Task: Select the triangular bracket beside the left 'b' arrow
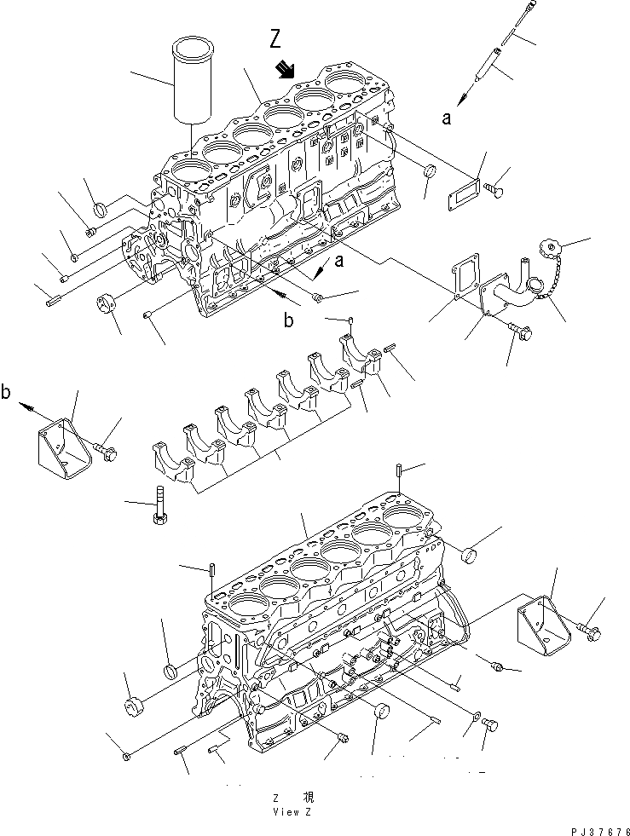(64, 441)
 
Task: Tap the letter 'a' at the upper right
(447, 118)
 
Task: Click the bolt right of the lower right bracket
(589, 631)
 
